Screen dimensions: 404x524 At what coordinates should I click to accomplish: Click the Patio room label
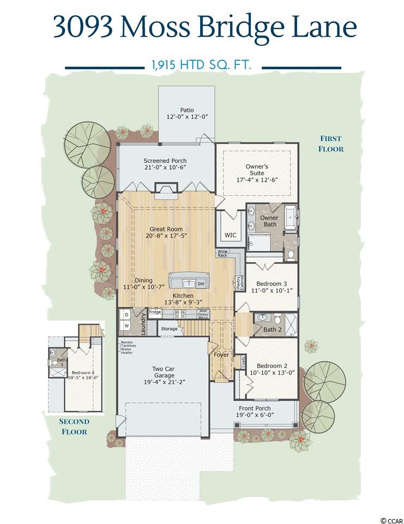pyautogui.click(x=187, y=110)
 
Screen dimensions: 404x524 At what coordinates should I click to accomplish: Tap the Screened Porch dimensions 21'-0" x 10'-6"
pyautogui.click(x=165, y=168)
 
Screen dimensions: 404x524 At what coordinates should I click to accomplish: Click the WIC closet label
pyautogui.click(x=231, y=235)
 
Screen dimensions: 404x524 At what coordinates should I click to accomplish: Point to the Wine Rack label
pyautogui.click(x=222, y=253)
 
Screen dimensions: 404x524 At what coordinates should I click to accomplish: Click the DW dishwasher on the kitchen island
pyautogui.click(x=201, y=284)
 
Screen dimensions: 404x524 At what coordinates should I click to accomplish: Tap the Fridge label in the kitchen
pyautogui.click(x=155, y=312)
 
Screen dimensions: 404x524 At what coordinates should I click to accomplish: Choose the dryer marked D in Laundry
pyautogui.click(x=127, y=315)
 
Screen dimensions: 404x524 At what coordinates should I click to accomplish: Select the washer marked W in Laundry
pyautogui.click(x=127, y=325)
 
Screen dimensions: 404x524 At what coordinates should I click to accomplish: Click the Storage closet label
pyautogui.click(x=169, y=329)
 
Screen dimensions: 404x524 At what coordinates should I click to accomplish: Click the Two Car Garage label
pyautogui.click(x=163, y=372)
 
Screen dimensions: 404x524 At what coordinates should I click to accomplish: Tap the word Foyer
pyautogui.click(x=221, y=355)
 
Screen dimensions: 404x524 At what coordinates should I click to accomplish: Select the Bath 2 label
pyautogui.click(x=273, y=330)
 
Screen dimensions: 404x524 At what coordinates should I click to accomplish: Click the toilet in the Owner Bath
pyautogui.click(x=291, y=255)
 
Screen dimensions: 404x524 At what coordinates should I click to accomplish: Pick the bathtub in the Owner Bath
pyautogui.click(x=291, y=218)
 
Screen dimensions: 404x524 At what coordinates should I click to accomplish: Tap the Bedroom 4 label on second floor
pyautogui.click(x=81, y=373)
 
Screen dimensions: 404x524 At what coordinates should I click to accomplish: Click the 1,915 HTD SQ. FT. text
pyautogui.click(x=201, y=64)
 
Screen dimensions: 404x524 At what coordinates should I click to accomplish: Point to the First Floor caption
pyautogui.click(x=331, y=144)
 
